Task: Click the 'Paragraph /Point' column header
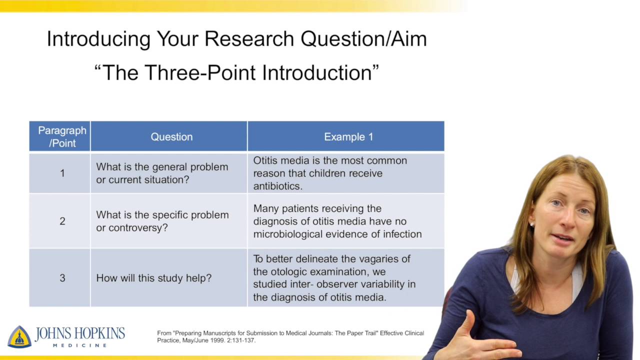(62, 136)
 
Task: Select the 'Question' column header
(171, 136)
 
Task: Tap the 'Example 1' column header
(348, 136)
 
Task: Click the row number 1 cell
(62, 173)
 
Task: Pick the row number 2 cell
(62, 221)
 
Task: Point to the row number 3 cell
(62, 278)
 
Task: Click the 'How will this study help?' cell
(153, 278)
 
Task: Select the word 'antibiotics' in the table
(276, 186)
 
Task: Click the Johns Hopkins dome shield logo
(19, 336)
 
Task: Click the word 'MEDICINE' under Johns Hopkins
(80, 345)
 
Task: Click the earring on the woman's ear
(531, 224)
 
